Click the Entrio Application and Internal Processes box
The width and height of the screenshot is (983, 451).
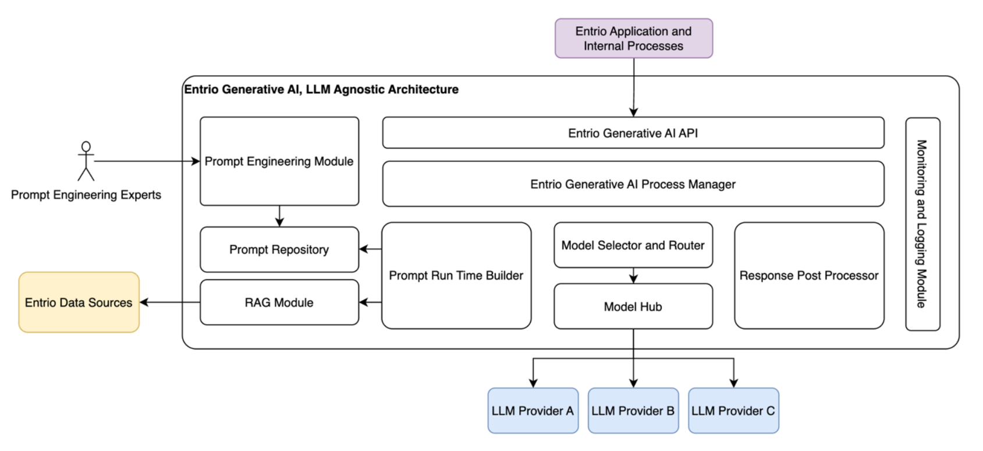point(634,38)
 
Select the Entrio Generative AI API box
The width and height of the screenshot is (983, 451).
point(633,133)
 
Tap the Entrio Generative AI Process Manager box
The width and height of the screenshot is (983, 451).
point(633,184)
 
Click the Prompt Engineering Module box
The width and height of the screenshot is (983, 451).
point(279,161)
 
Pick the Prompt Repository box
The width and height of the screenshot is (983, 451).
point(279,249)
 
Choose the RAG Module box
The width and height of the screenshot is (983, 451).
point(279,302)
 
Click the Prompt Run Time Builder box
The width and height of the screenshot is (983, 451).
point(456,276)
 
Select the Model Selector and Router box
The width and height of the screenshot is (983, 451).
point(633,245)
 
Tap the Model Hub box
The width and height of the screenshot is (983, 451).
point(633,306)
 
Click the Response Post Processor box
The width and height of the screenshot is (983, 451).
point(809,276)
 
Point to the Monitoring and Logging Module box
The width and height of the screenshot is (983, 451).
point(923,224)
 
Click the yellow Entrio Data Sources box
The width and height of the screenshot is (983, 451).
point(79,302)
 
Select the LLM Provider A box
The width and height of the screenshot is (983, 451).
point(533,411)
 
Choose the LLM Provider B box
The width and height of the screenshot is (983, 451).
point(633,411)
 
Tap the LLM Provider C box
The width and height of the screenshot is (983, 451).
point(734,411)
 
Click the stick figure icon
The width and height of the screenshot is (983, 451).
point(86,161)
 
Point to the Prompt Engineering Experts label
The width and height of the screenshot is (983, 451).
point(86,195)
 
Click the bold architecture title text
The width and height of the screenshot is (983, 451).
point(321,90)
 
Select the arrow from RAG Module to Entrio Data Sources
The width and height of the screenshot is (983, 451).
point(170,302)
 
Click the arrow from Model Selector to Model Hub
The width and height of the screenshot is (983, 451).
point(633,276)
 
